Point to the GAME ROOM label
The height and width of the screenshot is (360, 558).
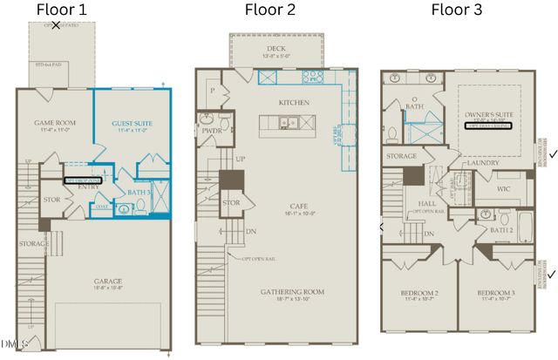coord(53,124)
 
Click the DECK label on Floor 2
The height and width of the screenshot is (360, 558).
coord(276,49)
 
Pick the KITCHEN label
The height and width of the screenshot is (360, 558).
coord(294,102)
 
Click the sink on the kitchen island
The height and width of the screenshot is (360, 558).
coord(286,123)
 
